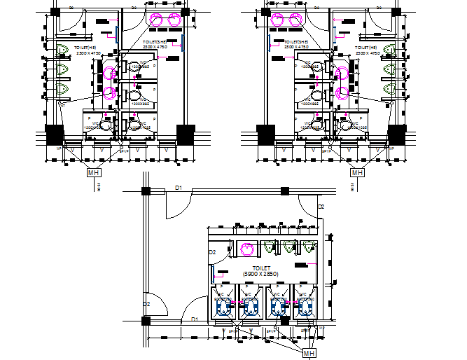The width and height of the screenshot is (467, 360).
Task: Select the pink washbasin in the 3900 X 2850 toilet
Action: pyautogui.click(x=246, y=247)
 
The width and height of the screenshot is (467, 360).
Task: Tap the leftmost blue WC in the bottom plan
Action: pyautogui.click(x=224, y=306)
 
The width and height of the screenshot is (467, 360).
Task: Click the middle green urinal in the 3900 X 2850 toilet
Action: pyautogui.click(x=289, y=246)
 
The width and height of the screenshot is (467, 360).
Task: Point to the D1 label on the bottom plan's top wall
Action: pyautogui.click(x=179, y=188)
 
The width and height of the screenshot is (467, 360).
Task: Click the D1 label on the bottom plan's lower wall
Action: pyautogui.click(x=197, y=319)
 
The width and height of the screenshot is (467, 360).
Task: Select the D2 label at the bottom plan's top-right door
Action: pyautogui.click(x=321, y=207)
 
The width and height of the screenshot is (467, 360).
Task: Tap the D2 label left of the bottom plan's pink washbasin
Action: pyautogui.click(x=213, y=251)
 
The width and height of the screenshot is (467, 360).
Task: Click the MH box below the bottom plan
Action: pyautogui.click(x=309, y=354)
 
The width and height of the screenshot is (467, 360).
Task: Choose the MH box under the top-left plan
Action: pyautogui.click(x=93, y=172)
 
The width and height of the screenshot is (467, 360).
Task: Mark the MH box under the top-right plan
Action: pyautogui.click(x=357, y=172)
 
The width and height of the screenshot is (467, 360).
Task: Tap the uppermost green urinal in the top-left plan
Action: pyautogui.click(x=63, y=49)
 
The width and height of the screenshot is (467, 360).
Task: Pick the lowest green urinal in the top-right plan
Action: pyautogui.click(x=389, y=89)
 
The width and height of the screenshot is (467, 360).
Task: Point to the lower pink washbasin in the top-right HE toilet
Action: pyautogui.click(x=342, y=92)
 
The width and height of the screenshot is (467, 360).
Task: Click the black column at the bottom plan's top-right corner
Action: pyautogui.click(x=285, y=191)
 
